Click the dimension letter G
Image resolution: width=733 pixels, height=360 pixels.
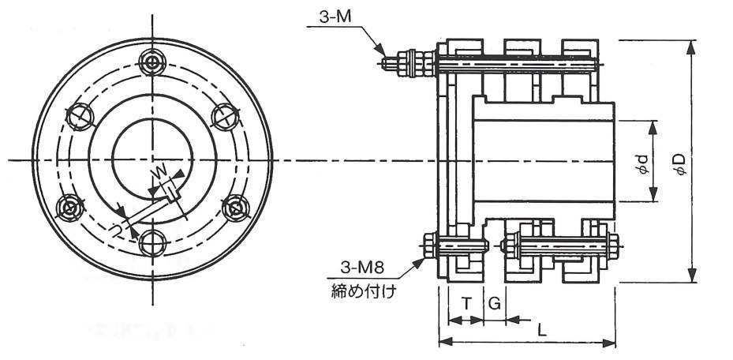pos(495,303)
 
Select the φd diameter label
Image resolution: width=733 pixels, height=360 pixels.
pos(644,163)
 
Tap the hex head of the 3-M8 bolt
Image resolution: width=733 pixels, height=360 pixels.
pos(430,246)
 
